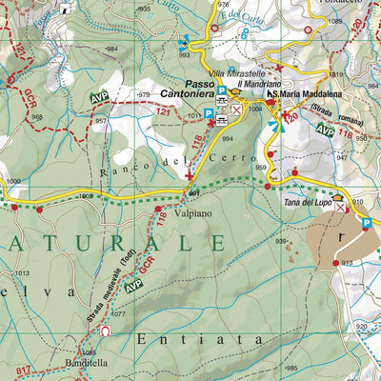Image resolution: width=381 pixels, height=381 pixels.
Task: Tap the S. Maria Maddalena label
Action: (307, 93)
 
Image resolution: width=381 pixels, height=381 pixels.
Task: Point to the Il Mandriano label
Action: (256, 84)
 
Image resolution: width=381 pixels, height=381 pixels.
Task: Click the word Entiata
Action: (170, 338)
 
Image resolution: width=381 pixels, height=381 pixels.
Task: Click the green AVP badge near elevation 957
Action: (99, 98)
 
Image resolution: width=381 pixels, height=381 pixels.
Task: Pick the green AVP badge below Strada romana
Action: (326, 130)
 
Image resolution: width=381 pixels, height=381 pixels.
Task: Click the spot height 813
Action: (346, 262)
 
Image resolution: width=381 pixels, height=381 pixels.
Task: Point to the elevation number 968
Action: (36, 117)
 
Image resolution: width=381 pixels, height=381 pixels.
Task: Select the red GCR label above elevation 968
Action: (30, 97)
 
